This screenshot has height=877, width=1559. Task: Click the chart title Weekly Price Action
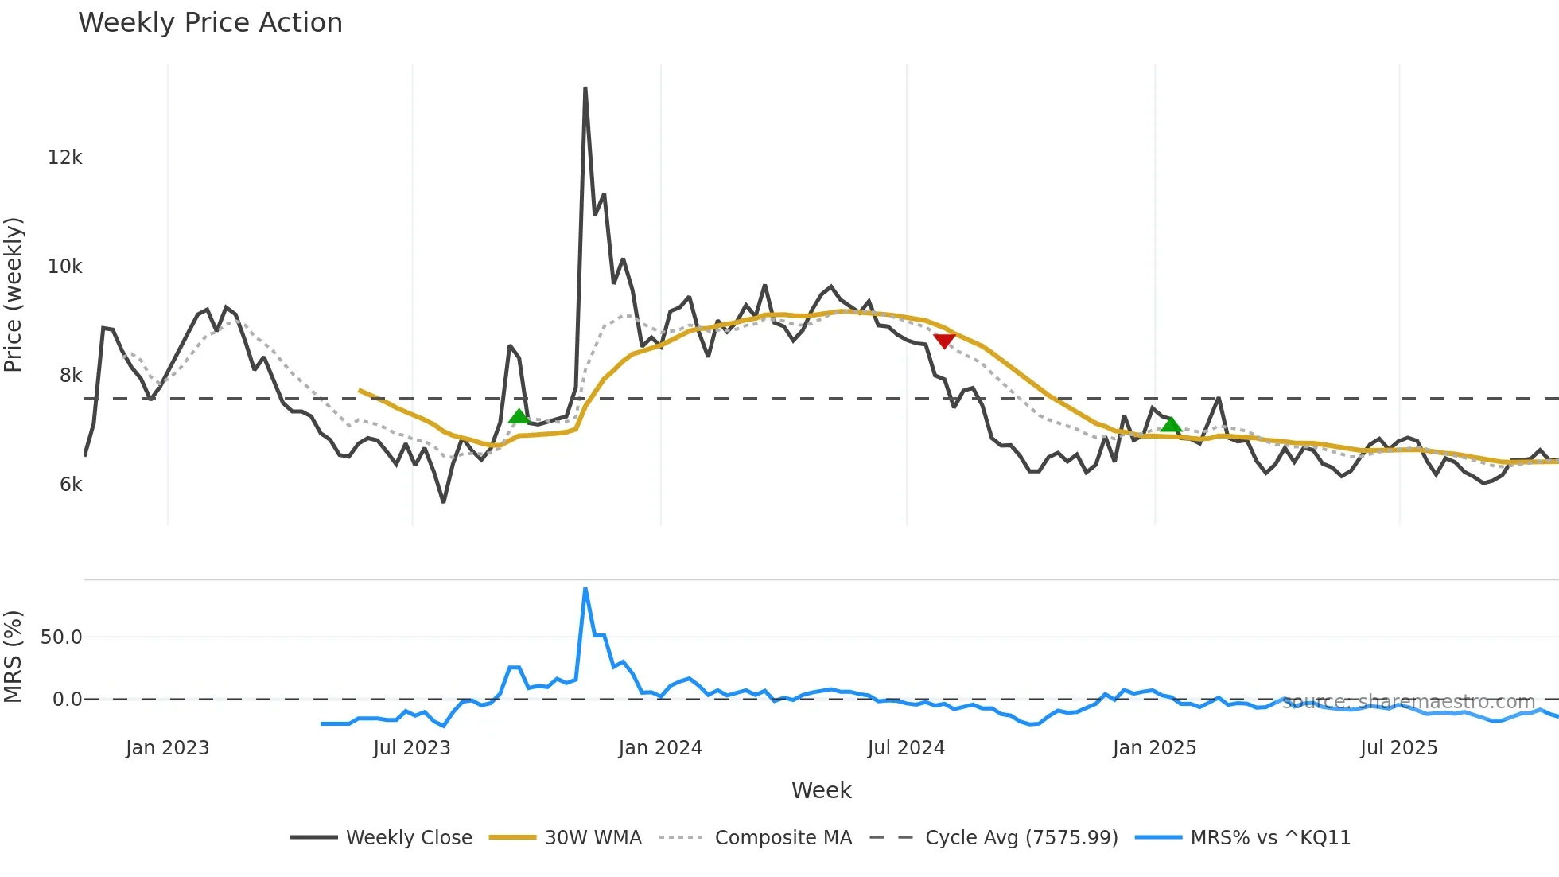(x=210, y=23)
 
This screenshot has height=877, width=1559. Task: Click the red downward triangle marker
(x=944, y=341)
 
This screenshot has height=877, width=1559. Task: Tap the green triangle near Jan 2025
(x=1171, y=425)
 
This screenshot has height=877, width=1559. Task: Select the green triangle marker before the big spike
(x=519, y=416)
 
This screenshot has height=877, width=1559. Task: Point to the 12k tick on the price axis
(x=64, y=158)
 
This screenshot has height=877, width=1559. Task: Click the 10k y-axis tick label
(x=64, y=267)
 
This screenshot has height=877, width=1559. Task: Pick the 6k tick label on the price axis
(x=70, y=485)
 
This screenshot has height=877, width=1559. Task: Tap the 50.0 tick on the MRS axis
(x=61, y=637)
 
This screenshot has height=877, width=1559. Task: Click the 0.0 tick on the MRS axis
(x=67, y=700)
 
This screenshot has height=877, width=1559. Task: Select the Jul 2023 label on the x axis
(x=411, y=748)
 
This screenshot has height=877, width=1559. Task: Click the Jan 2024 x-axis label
(x=660, y=748)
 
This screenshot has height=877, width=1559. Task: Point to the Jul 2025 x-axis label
(x=1398, y=748)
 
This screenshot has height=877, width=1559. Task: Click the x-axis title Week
(x=821, y=790)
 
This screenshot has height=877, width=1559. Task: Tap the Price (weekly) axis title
(x=14, y=294)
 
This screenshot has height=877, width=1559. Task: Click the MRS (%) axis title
(x=14, y=657)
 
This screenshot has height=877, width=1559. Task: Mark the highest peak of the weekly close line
(x=585, y=88)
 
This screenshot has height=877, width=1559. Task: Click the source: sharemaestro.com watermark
(x=1408, y=702)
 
